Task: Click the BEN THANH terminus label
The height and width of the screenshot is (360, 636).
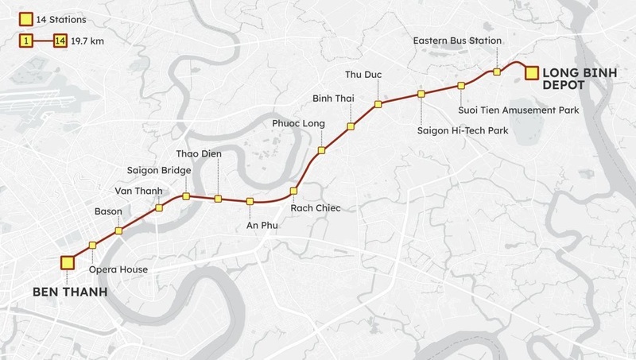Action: pos(68,293)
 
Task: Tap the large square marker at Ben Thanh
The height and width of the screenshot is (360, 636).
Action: pos(67,263)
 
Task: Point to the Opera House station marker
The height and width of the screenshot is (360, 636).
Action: pos(93,245)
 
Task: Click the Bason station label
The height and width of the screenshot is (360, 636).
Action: pos(109,211)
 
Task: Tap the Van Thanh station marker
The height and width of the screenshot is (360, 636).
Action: pos(159,208)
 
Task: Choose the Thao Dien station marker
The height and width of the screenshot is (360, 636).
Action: pos(217,198)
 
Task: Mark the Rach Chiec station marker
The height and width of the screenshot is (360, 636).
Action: pos(293,191)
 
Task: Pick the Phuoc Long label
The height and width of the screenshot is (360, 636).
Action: pos(297,124)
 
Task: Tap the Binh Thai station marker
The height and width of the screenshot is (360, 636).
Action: pos(350,126)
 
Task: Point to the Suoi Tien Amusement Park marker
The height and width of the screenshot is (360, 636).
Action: pos(460,86)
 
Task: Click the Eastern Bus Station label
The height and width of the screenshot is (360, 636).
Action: pos(457,41)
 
